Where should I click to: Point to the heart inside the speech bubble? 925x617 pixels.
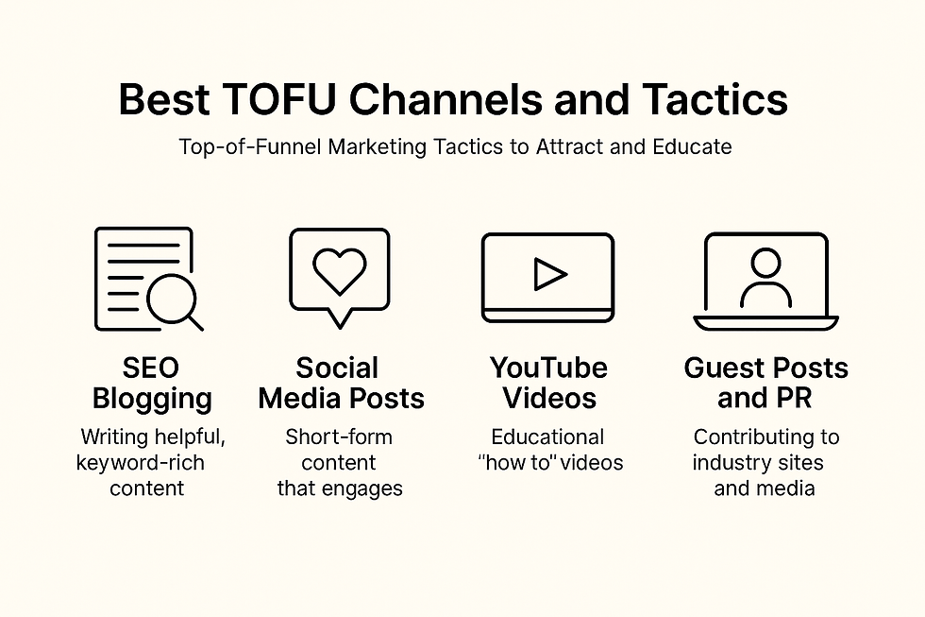pyautogui.click(x=339, y=272)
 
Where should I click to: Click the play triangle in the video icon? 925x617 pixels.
pyautogui.click(x=548, y=274)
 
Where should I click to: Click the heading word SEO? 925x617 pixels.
pyautogui.click(x=151, y=368)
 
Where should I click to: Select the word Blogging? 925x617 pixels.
pyautogui.click(x=152, y=398)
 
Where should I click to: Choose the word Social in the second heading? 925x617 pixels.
pyautogui.click(x=337, y=368)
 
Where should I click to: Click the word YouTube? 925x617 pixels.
pyautogui.click(x=548, y=368)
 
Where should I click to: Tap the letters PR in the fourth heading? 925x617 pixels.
pyautogui.click(x=792, y=398)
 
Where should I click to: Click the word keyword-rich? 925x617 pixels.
pyautogui.click(x=140, y=463)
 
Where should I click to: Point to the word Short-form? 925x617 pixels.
pyautogui.click(x=339, y=437)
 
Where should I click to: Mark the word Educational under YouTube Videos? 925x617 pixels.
pyautogui.click(x=547, y=437)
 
